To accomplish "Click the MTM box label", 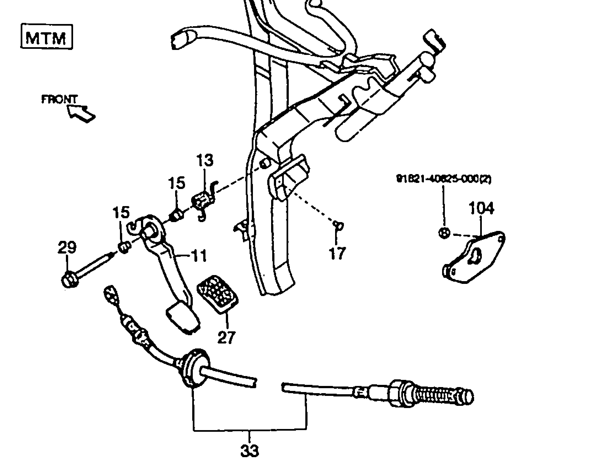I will pos(46,37).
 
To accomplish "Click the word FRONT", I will pos(59,99).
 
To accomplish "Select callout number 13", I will pos(205,161).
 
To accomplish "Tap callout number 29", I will pos(67,247).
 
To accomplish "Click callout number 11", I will pos(199,256).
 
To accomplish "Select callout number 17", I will pos(337,253).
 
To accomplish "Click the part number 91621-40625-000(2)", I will pos(443,179).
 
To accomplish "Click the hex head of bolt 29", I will pos(69,280).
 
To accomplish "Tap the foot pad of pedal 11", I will pos(183,317).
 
